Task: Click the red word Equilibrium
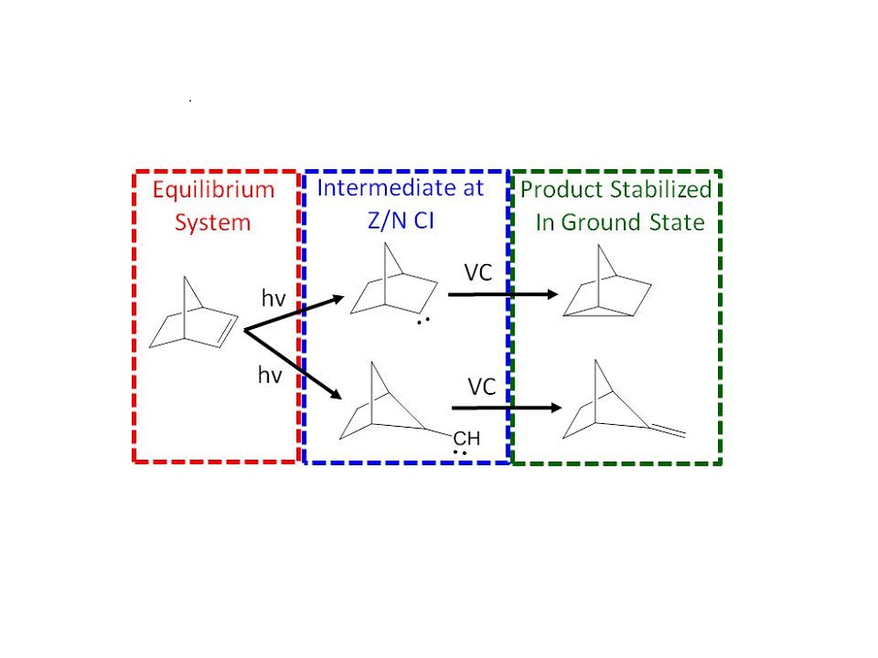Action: (x=214, y=191)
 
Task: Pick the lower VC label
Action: (x=481, y=386)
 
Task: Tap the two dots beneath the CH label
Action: (x=460, y=452)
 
